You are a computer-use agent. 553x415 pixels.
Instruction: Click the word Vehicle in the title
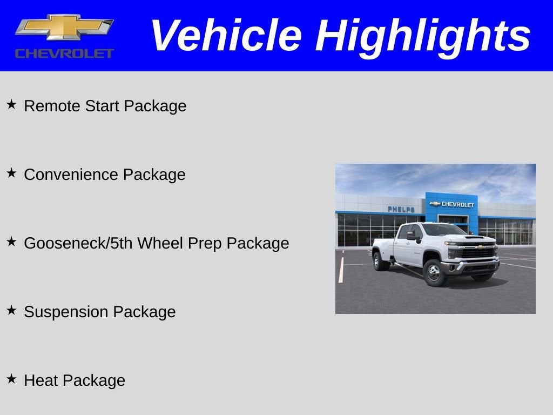(225, 36)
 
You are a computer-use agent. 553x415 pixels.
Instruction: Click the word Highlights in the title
(423, 36)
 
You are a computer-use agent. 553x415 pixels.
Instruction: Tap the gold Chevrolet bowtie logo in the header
(64, 28)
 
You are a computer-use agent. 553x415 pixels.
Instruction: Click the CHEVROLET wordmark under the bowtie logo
(64, 53)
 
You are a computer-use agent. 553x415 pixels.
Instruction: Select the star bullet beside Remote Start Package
(11, 104)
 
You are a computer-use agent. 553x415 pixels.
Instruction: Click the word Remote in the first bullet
(52, 106)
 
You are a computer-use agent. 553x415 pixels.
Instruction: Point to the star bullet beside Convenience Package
(11, 173)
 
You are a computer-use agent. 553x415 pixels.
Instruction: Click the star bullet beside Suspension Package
(11, 310)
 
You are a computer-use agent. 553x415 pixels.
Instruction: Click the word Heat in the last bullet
(41, 380)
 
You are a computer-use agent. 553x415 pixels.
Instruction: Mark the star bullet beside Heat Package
(11, 379)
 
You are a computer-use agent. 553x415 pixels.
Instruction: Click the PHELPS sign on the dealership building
(401, 209)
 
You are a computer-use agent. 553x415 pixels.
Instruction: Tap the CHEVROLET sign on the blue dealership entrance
(452, 204)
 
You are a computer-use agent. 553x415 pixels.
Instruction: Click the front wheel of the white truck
(434, 272)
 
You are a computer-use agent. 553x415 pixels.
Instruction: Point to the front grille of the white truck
(477, 253)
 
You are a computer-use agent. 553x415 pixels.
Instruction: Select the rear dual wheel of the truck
(380, 261)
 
